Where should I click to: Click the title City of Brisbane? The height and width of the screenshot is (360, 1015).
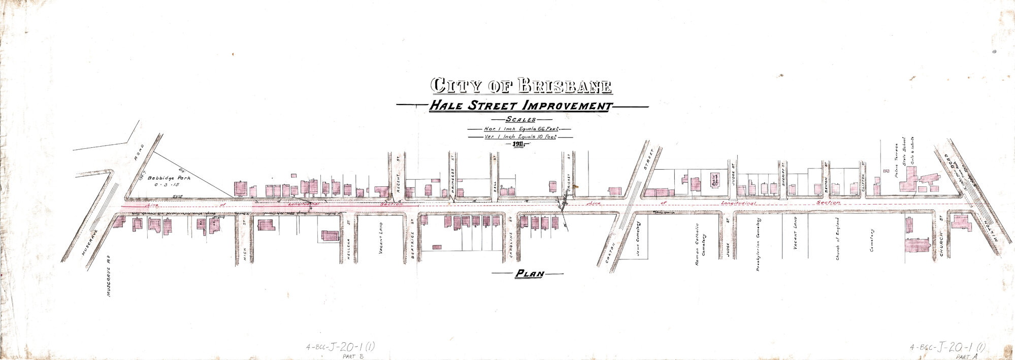click(x=521, y=85)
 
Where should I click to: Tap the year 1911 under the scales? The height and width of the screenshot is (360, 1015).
click(x=518, y=144)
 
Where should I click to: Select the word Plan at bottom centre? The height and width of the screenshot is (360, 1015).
click(x=529, y=274)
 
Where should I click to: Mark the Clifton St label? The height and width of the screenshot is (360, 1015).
click(x=863, y=175)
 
